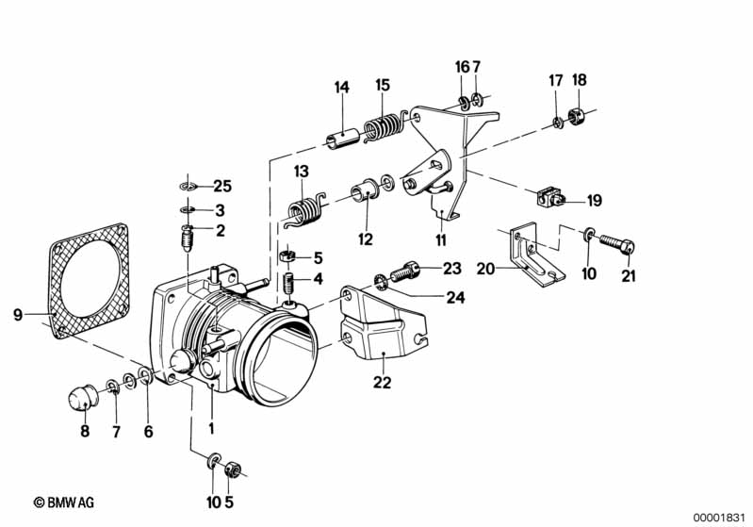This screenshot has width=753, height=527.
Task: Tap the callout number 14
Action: point(341,88)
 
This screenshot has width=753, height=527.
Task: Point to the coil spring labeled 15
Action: point(383,127)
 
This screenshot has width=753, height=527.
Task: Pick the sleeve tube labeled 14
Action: point(343,137)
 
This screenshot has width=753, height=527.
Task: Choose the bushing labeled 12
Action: point(366,189)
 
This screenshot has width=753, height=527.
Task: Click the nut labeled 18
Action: point(575,116)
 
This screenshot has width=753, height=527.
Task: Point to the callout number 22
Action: point(383,383)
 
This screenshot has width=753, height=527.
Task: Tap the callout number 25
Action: point(221,186)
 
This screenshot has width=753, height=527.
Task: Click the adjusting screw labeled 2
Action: point(188,238)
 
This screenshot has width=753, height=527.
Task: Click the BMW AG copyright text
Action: point(64,502)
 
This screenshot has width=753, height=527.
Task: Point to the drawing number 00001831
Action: point(718,518)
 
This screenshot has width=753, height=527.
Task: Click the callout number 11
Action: point(441,239)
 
